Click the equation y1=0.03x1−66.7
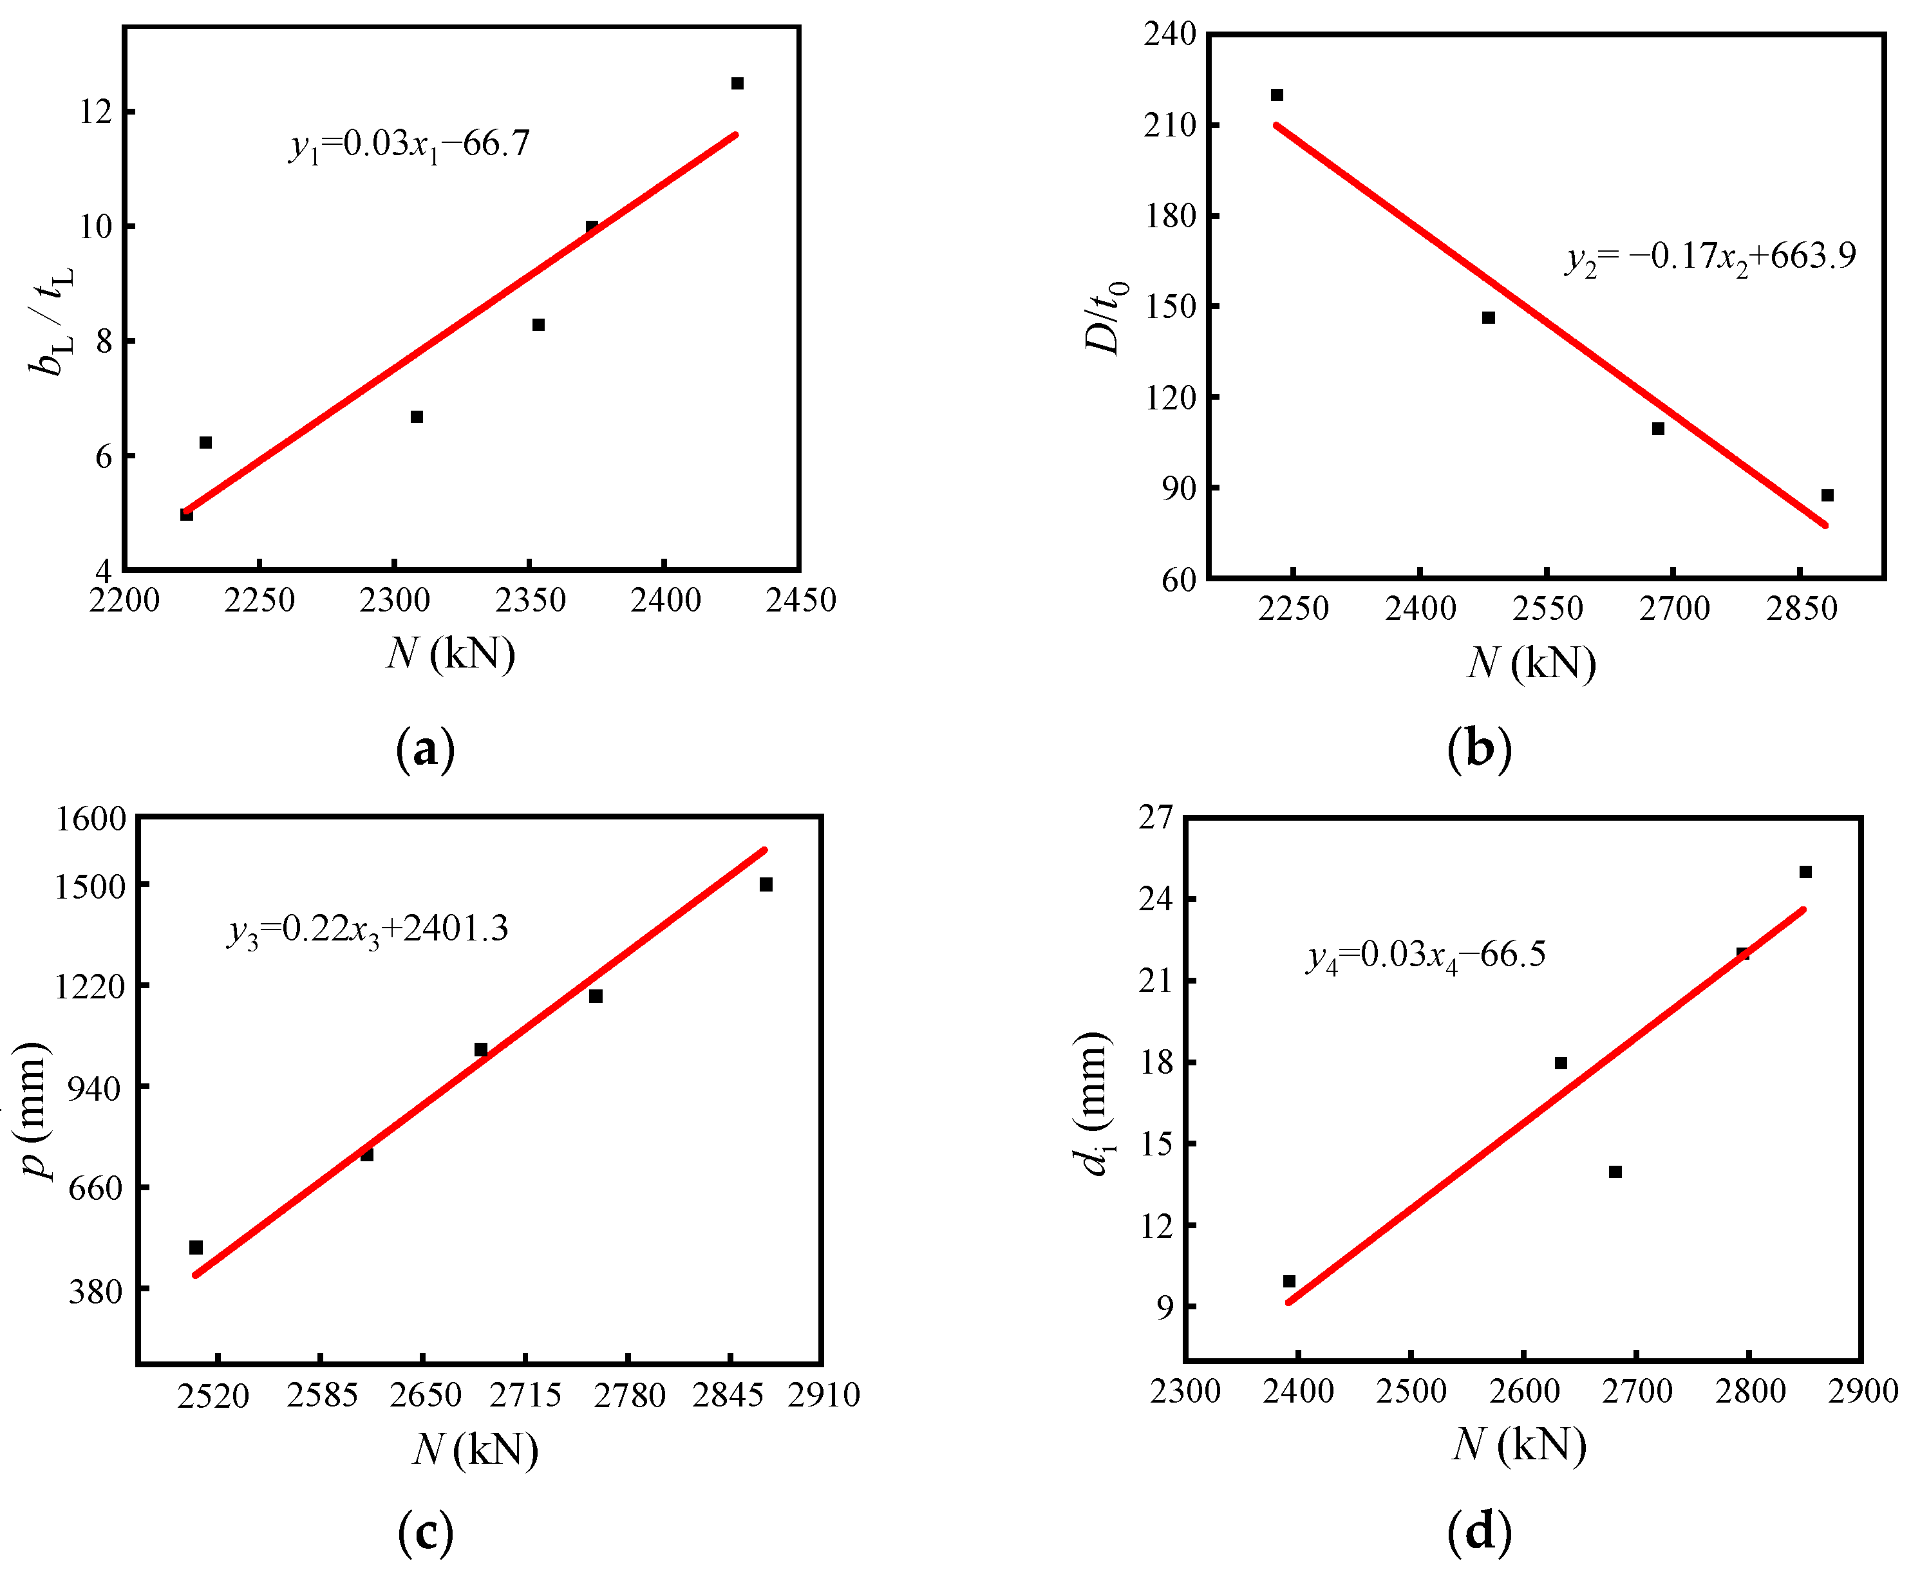(x=409, y=145)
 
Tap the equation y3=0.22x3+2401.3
(x=368, y=930)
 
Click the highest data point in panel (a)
(x=737, y=83)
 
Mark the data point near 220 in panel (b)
(x=1277, y=95)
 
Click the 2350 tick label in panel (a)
(x=530, y=601)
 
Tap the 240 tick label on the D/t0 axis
(x=1169, y=34)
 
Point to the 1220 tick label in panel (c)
(x=89, y=986)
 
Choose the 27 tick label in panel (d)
(x=1155, y=818)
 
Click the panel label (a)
(x=425, y=749)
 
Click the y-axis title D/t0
(x=1105, y=317)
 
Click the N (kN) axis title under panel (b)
(x=1531, y=663)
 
